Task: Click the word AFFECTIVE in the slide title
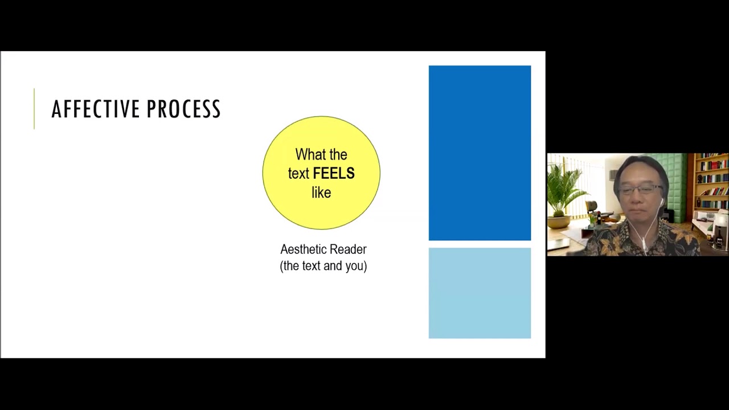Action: [x=95, y=109]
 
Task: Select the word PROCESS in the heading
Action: [x=183, y=109]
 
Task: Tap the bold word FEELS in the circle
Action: [x=334, y=174]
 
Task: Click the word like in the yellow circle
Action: [x=321, y=192]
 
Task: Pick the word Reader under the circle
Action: [x=347, y=249]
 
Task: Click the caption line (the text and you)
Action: [x=323, y=266]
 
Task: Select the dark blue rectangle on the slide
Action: [x=480, y=153]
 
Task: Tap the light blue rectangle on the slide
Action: [x=480, y=293]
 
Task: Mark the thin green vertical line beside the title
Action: [x=34, y=109]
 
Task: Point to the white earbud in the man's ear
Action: [x=662, y=200]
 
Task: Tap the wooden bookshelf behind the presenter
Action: [x=711, y=182]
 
